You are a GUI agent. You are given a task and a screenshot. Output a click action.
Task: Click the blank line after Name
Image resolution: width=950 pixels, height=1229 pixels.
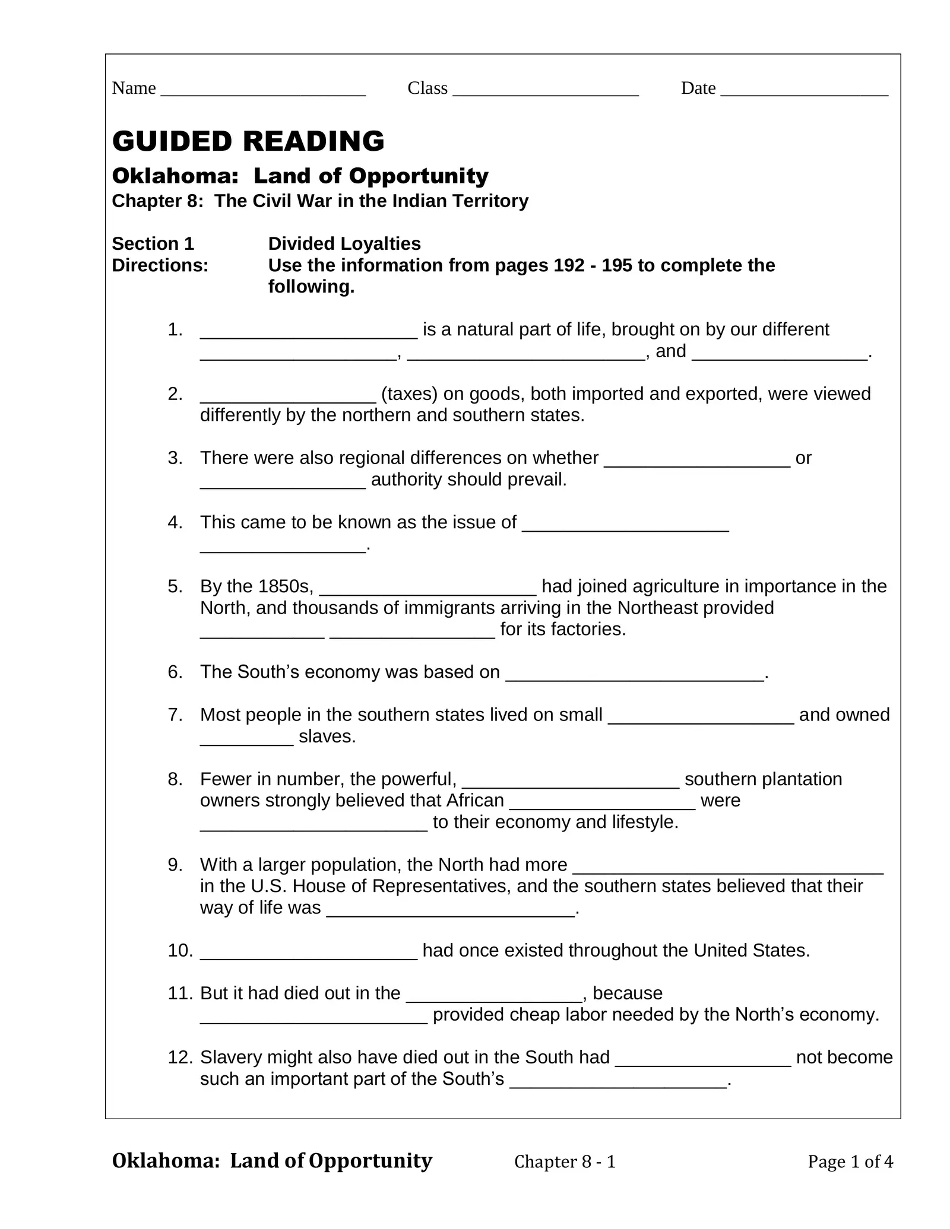263,91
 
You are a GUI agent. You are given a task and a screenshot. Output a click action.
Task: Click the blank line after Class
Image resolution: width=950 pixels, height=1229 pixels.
545,91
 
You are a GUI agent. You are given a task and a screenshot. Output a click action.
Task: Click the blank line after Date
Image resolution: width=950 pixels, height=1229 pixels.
804,91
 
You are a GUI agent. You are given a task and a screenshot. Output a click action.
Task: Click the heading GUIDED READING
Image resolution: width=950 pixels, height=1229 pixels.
248,141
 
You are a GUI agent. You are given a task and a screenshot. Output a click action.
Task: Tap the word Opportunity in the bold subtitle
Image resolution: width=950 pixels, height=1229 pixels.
419,176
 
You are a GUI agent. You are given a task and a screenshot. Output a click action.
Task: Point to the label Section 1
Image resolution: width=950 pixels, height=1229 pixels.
153,243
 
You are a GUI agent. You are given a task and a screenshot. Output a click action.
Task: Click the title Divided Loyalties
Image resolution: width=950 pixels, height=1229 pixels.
344,243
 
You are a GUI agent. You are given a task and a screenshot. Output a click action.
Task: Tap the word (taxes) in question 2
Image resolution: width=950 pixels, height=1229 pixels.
410,393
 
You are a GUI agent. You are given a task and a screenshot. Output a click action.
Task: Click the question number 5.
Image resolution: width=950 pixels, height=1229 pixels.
175,586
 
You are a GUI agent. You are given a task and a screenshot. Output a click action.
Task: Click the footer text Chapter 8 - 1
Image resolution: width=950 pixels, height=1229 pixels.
565,1161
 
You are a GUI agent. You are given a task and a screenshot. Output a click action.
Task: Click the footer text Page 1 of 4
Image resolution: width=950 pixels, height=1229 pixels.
850,1161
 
